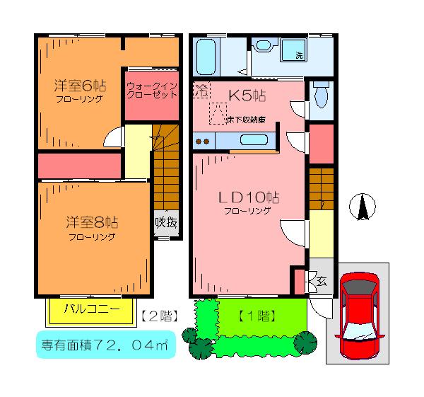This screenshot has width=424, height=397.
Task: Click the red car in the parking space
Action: [360, 316]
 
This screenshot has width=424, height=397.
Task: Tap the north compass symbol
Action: [362, 207]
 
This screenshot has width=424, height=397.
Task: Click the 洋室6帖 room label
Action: [80, 86]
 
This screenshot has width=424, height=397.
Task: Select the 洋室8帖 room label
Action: [92, 222]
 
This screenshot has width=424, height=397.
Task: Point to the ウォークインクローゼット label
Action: [152, 91]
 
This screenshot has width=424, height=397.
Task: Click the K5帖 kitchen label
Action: [247, 96]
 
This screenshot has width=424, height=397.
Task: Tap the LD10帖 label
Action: [249, 197]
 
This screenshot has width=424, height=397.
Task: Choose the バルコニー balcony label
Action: [92, 309]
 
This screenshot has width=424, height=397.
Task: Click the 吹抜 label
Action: [166, 223]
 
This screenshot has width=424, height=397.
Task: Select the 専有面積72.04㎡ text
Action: [105, 345]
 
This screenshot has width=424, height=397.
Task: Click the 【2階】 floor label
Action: [160, 316]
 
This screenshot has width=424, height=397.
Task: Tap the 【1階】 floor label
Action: [257, 316]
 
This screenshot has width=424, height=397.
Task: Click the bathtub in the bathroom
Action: [206, 57]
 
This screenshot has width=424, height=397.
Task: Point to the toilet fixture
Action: [322, 95]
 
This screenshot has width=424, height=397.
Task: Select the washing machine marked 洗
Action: [293, 50]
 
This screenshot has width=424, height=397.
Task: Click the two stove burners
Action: [202, 141]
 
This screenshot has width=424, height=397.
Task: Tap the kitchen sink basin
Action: [254, 140]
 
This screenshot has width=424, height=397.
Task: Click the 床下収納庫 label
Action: [246, 120]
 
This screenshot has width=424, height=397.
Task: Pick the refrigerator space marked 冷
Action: [201, 90]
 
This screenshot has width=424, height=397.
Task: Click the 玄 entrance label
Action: [322, 282]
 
